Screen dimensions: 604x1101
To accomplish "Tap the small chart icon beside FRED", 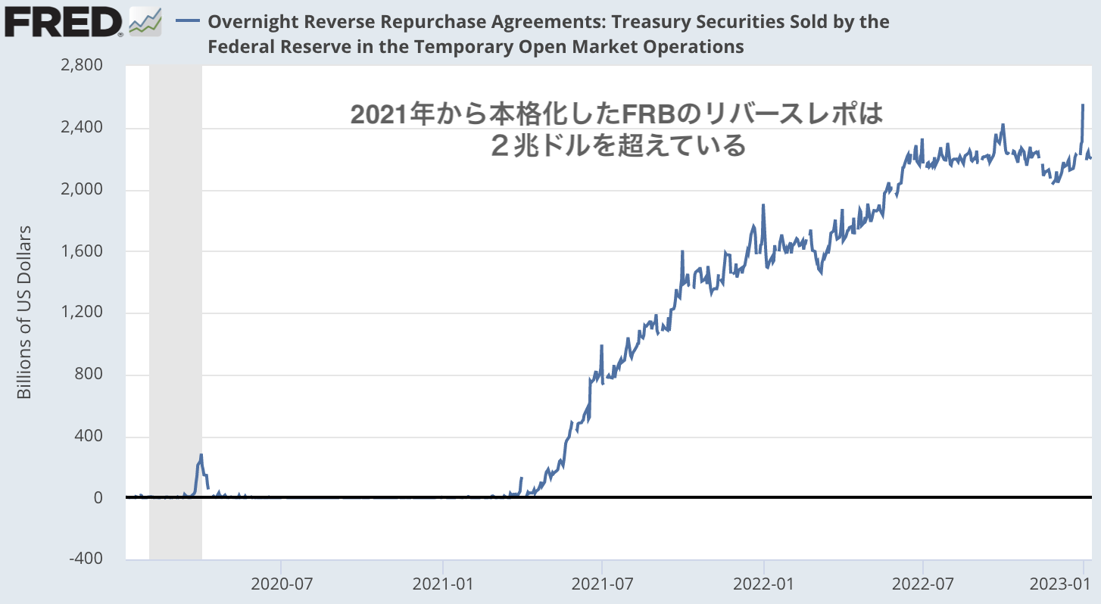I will tap(145, 22).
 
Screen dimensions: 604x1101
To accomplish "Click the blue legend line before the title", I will tap(187, 22).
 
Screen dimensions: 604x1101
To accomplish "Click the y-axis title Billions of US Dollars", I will tap(25, 313).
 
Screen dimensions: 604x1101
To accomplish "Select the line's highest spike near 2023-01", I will tap(1083, 105).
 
